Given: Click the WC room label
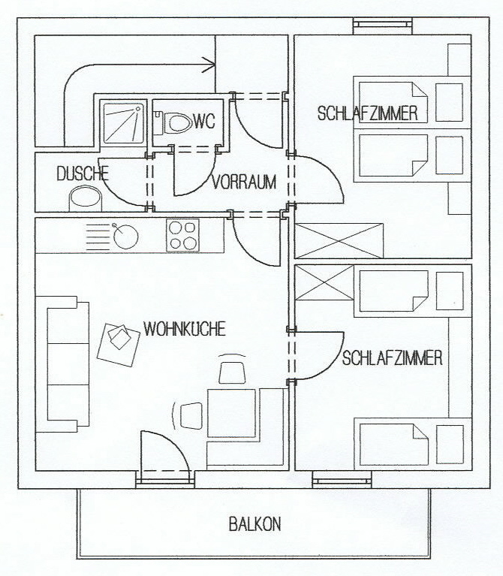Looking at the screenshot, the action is coord(203,121).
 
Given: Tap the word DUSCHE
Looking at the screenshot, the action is coord(83,173).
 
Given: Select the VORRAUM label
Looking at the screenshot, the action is coord(244,182).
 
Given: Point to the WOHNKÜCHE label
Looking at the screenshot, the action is coord(185,329).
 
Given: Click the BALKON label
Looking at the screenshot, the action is coord(255,524).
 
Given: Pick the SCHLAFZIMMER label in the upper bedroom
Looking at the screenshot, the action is coord(368,113).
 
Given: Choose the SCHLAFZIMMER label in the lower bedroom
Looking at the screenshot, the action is coord(392,357).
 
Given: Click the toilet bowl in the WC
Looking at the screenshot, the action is coord(178,122).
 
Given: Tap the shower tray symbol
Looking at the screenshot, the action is coord(124,123).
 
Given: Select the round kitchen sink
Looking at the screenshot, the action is coord(125,237).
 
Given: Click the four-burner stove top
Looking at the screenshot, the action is coord(183,235).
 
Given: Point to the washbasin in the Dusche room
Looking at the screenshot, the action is coord(86,199).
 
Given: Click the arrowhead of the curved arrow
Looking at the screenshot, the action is coord(210,65).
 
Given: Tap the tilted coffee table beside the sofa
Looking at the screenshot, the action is coord(118,345).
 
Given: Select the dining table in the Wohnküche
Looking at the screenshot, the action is coord(231,413).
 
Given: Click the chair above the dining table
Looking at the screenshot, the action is coord(232,372).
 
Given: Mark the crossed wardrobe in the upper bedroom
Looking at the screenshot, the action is coord(339,240).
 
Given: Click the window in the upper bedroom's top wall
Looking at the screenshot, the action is coord(383,25).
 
